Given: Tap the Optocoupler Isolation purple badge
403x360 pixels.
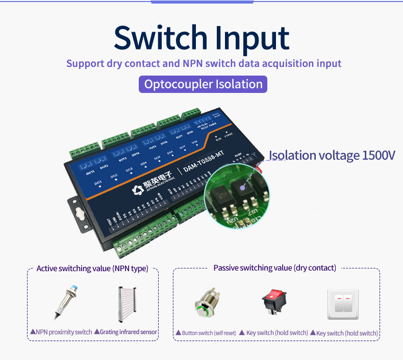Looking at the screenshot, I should tap(203, 84).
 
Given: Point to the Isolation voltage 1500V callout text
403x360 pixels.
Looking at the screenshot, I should tap(332, 155).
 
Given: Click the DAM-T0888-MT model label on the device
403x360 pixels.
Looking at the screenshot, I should tap(204, 164).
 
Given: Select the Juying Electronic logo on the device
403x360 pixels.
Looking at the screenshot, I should tap(153, 186).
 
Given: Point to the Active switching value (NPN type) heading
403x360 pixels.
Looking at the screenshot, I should tap(92, 269).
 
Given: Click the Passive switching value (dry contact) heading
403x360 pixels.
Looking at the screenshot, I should tap(274, 268).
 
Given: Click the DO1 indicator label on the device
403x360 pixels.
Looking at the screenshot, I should tap(98, 182).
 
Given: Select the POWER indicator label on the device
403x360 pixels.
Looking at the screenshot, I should tap(228, 135).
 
